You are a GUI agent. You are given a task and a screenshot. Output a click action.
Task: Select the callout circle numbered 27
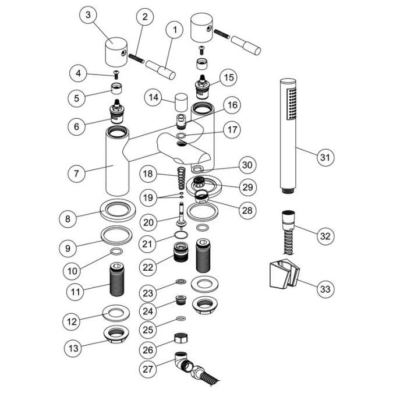149,369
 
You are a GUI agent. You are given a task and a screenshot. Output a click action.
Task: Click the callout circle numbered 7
76,173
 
